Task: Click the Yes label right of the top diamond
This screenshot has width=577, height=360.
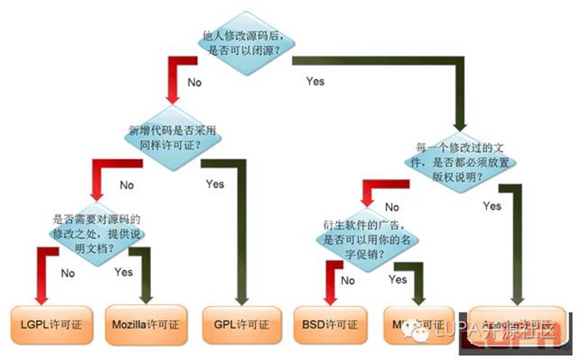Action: [x=314, y=82]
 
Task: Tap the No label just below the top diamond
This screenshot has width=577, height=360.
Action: [x=194, y=82]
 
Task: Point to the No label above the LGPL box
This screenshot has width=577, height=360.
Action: [x=68, y=272]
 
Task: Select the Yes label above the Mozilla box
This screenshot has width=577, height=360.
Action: [x=123, y=272]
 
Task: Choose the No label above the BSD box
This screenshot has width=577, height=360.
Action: [x=348, y=281]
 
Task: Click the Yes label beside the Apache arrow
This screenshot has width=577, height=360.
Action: [x=492, y=205]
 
